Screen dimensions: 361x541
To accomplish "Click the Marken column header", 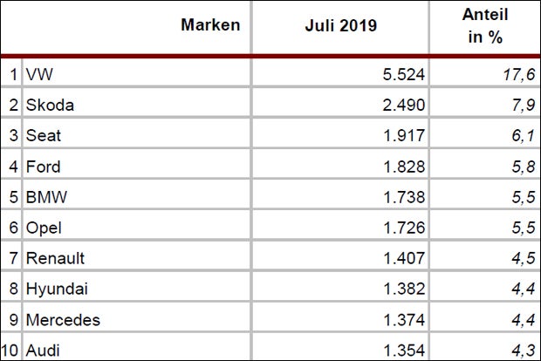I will pyautogui.click(x=210, y=25).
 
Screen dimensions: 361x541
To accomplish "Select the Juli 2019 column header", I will pyautogui.click(x=340, y=25).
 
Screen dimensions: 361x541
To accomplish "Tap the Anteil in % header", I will pyautogui.click(x=486, y=25).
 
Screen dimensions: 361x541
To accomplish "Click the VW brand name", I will pyautogui.click(x=40, y=75).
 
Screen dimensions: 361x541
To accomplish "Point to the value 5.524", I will pyautogui.click(x=402, y=75).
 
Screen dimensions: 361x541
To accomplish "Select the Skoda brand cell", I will pyautogui.click(x=50, y=106).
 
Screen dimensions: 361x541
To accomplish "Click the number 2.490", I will pyautogui.click(x=402, y=106).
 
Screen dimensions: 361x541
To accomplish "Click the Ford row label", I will pyautogui.click(x=44, y=167).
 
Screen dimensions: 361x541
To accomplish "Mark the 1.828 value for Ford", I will pyautogui.click(x=402, y=167).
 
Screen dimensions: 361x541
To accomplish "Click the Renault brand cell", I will pyautogui.click(x=57, y=258).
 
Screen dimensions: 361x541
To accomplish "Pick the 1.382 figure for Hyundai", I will pyautogui.click(x=402, y=289).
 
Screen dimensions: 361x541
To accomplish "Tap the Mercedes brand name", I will pyautogui.click(x=63, y=319).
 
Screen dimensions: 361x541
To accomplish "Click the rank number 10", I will pyautogui.click(x=10, y=350).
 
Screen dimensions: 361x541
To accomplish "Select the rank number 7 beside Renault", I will pyautogui.click(x=13, y=258).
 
